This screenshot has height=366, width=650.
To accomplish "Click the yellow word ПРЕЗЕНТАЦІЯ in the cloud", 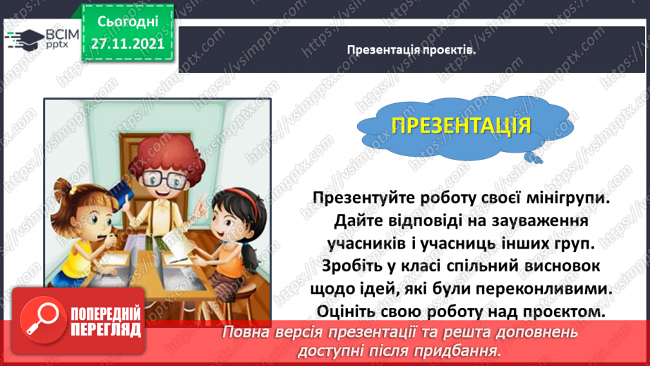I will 461,126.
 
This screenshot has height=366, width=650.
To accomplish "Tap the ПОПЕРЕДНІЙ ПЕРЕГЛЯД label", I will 104,323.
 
